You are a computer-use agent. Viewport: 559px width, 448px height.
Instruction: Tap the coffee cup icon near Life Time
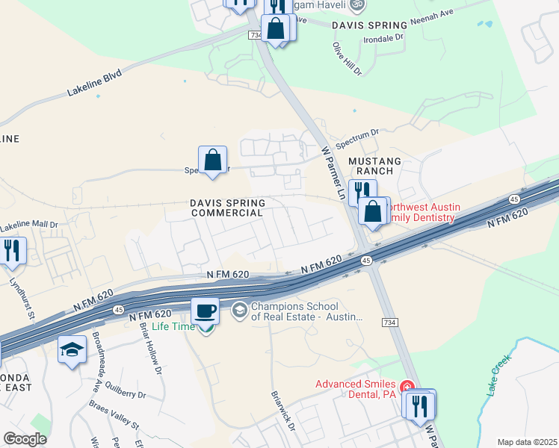[x=205, y=310]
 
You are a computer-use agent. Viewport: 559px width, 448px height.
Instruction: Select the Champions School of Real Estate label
[x=307, y=311]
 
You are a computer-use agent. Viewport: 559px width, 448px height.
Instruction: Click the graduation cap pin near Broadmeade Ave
[x=72, y=349]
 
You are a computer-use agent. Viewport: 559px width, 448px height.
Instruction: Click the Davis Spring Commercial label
[x=226, y=208]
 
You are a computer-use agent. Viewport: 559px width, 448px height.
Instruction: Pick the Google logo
[x=25, y=439]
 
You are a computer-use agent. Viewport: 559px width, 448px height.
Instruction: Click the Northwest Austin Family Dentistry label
[x=419, y=212]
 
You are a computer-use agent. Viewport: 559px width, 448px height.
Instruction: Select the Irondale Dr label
[x=383, y=35]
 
